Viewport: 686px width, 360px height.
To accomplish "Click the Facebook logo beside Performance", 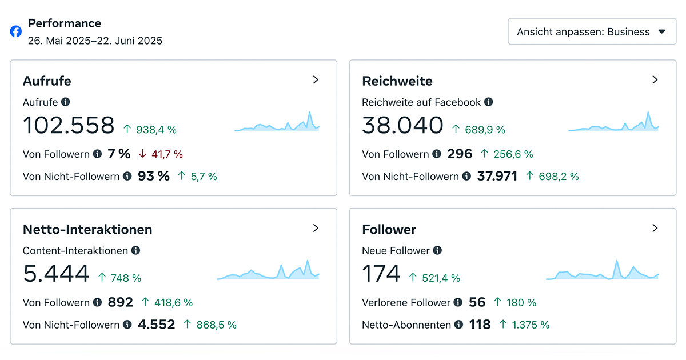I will pyautogui.click(x=16, y=31).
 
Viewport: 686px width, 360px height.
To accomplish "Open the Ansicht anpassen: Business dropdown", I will pyautogui.click(x=592, y=31).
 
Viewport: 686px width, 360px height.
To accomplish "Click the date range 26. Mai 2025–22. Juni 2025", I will pyautogui.click(x=95, y=41).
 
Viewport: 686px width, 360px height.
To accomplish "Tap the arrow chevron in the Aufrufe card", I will pyautogui.click(x=316, y=80).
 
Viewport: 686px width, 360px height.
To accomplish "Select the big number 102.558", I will pyautogui.click(x=69, y=125).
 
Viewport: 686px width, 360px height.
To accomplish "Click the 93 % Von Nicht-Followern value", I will pyautogui.click(x=154, y=176).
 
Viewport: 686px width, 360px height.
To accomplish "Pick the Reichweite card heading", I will pyautogui.click(x=397, y=81).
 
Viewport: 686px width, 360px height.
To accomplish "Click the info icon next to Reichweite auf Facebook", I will pyautogui.click(x=489, y=102).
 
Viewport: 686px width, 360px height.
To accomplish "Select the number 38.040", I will pyautogui.click(x=402, y=125).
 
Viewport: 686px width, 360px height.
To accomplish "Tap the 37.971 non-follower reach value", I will pyautogui.click(x=497, y=176).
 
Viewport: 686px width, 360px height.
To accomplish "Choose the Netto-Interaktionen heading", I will pyautogui.click(x=87, y=230).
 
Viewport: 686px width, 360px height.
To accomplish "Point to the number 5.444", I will pyautogui.click(x=56, y=274).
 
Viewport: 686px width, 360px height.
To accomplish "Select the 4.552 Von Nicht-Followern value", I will pyautogui.click(x=157, y=325).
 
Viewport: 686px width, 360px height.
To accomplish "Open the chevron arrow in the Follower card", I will pyautogui.click(x=655, y=229).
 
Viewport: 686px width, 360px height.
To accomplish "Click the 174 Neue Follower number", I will pyautogui.click(x=381, y=274).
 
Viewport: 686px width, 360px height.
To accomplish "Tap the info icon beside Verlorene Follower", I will pyautogui.click(x=458, y=302).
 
